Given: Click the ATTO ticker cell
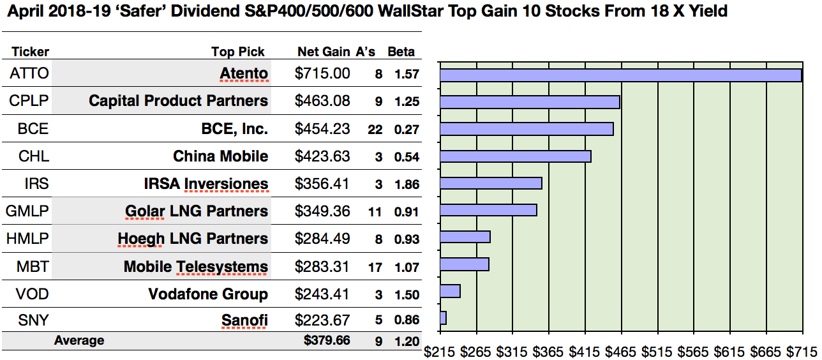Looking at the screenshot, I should point(29,73).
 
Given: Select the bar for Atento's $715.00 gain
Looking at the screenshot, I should point(620,75).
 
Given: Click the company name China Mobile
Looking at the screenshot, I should point(220,156).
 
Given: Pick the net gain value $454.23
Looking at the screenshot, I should point(322,129).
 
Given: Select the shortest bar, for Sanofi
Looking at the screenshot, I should point(443,318).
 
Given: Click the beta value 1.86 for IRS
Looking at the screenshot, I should point(407,184).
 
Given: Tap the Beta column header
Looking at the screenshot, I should point(401,52).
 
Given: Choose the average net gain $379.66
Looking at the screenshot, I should point(327,340).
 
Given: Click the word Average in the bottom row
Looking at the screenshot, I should point(79,341).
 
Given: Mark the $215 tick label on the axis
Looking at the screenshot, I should point(440,350).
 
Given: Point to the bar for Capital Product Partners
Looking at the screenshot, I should point(530,102).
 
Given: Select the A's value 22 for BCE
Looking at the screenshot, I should point(375,130).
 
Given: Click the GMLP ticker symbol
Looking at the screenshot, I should point(27,211).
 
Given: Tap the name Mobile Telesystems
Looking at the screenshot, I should point(196,266).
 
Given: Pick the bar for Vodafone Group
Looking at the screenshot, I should point(450,291).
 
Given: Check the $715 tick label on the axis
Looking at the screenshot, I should point(801,350).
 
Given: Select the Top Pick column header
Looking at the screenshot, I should point(238,52).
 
